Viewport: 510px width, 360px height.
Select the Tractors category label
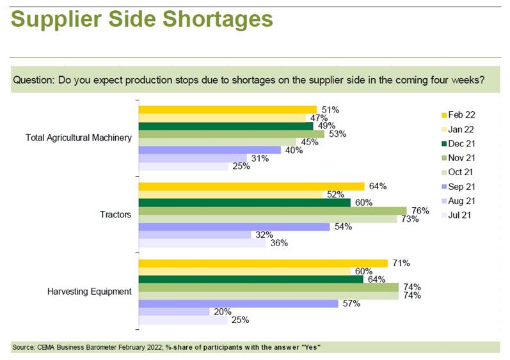(116, 214)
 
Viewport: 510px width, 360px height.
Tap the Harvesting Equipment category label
(90, 292)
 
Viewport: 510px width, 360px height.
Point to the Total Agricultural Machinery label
(79, 137)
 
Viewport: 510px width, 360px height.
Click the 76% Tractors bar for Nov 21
(272, 210)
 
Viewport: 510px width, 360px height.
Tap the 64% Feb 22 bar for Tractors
(251, 186)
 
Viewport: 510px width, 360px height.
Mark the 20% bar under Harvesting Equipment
(174, 311)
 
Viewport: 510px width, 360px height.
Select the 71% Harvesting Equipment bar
(263, 263)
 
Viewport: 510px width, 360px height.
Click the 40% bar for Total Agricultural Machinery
(209, 150)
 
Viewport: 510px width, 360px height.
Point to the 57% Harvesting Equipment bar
(238, 304)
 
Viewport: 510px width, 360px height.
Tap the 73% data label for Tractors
(410, 219)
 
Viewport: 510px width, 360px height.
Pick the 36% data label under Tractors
(279, 243)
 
